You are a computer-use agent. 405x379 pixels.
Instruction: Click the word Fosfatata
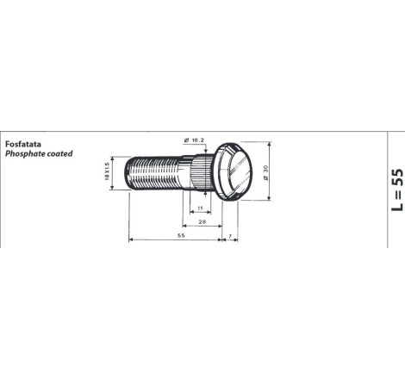tap(23, 144)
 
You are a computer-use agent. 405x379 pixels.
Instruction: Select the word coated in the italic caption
tap(60, 153)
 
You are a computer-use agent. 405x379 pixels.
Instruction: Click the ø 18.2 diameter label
tap(194, 140)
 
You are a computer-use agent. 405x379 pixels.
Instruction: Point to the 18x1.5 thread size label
tap(107, 171)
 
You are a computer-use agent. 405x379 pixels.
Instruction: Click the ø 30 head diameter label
tap(265, 173)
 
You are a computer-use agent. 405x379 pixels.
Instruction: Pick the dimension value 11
tap(200, 208)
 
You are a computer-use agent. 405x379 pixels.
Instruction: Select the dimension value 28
tap(202, 221)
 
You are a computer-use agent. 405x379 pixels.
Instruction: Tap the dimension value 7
tap(230, 236)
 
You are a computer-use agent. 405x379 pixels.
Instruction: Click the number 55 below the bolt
tap(181, 235)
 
